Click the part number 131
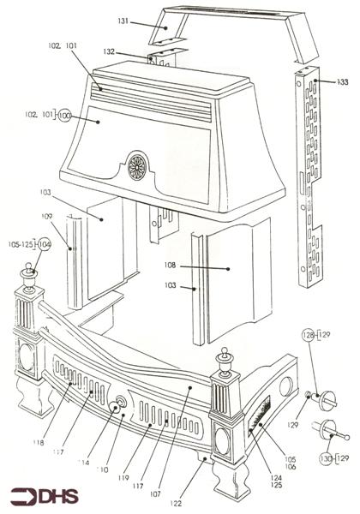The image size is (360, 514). pos(123,21)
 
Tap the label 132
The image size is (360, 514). pos(133,52)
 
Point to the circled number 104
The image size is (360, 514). pos(44,244)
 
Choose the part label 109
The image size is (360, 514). pos(47,217)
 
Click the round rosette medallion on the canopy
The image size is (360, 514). pos(137,166)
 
